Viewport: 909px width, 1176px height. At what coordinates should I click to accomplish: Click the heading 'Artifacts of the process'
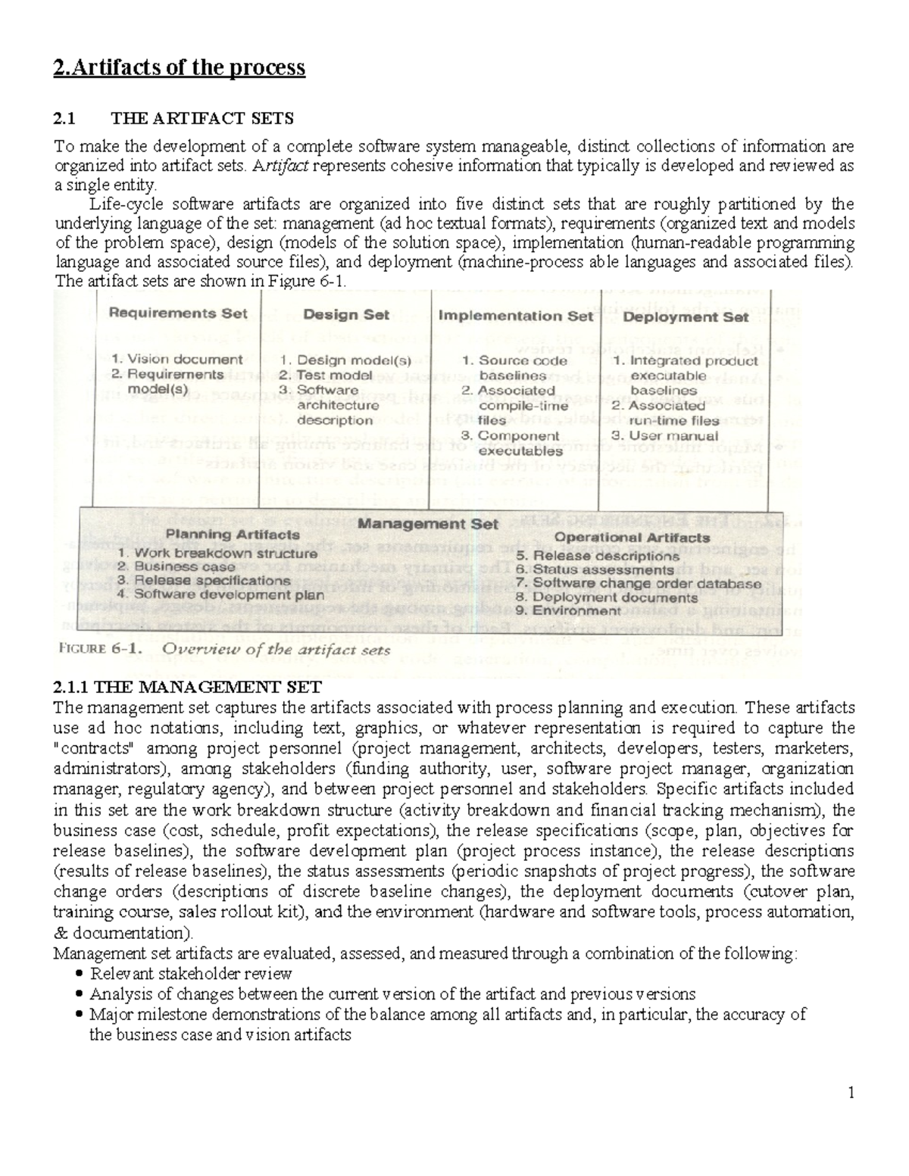coord(180,68)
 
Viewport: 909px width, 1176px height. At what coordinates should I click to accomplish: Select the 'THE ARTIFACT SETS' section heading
coord(202,119)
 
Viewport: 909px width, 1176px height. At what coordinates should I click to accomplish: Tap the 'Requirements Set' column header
coord(178,313)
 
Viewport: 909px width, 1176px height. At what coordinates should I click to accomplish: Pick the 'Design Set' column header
coord(346,314)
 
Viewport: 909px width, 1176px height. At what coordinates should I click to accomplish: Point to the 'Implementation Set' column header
coord(516,316)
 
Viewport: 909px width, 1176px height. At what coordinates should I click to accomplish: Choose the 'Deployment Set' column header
coord(686,317)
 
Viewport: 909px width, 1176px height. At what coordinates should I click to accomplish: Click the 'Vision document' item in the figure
coord(184,360)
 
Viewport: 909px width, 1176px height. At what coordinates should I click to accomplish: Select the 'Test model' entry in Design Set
coord(333,375)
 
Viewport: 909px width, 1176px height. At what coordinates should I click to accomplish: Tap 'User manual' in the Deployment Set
coord(674,435)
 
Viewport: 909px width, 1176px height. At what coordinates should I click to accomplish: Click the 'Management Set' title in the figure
coord(428,523)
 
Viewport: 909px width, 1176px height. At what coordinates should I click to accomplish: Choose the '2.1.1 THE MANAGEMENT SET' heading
coord(187,688)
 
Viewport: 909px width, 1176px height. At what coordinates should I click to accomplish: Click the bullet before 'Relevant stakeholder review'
coord(81,974)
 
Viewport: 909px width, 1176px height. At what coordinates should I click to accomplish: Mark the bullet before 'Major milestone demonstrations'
coord(81,1015)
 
